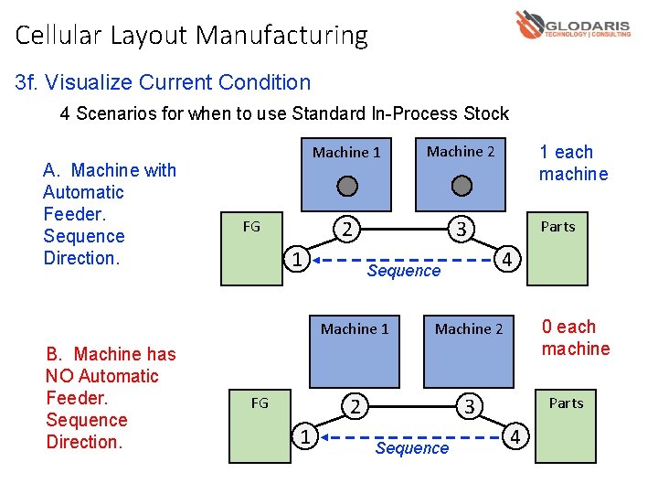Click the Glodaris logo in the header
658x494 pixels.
(572, 26)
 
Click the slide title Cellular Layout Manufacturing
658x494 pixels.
(192, 36)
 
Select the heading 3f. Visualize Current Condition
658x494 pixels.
(164, 82)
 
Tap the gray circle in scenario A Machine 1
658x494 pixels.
(346, 187)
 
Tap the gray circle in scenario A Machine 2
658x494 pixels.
(462, 187)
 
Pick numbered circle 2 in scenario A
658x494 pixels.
(346, 228)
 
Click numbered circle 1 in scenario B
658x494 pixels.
(304, 437)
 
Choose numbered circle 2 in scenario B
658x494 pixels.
(355, 405)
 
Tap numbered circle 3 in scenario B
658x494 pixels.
(469, 406)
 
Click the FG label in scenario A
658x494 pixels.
(251, 226)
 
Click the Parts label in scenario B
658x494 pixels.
(566, 403)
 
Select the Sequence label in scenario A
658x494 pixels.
(403, 271)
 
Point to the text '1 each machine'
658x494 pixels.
(573, 163)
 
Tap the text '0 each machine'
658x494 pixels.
(575, 338)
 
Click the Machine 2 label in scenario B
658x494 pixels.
(469, 328)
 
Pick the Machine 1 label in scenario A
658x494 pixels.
(346, 152)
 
